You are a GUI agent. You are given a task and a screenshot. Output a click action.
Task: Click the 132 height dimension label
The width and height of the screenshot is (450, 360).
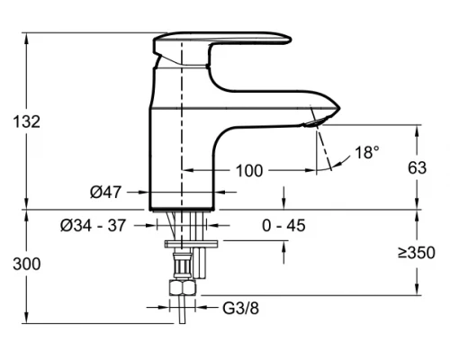(27, 121)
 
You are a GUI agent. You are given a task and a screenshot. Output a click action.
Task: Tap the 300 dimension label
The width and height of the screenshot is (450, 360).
(27, 265)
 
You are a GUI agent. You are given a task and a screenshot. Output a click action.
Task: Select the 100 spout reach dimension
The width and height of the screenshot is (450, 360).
(249, 171)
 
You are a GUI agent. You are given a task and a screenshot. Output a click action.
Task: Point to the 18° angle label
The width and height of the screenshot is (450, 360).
(367, 152)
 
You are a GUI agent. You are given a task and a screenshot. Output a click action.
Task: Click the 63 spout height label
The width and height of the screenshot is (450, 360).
(417, 168)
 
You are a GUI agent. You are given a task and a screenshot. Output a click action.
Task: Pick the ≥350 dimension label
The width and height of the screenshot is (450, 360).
(417, 253)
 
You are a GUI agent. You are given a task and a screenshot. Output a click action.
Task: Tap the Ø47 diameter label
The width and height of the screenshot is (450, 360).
(105, 192)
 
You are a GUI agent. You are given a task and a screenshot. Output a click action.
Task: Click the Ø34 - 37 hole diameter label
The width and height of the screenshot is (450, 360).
(93, 226)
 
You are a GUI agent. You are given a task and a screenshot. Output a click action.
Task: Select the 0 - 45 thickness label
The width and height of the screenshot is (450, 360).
(283, 226)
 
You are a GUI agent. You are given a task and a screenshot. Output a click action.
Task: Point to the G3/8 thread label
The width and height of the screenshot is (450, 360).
(240, 308)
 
